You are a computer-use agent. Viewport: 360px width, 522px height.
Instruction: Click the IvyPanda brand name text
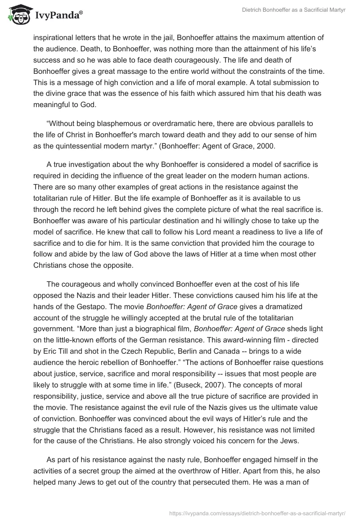coord(58,16)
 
